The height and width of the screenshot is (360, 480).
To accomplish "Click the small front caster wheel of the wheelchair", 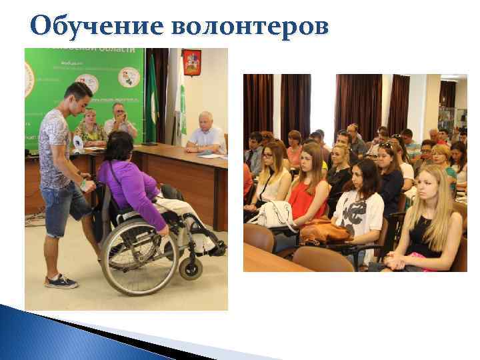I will (190, 268).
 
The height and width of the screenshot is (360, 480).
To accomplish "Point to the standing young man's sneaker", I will (61, 281).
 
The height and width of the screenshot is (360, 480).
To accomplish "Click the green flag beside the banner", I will (153, 100).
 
